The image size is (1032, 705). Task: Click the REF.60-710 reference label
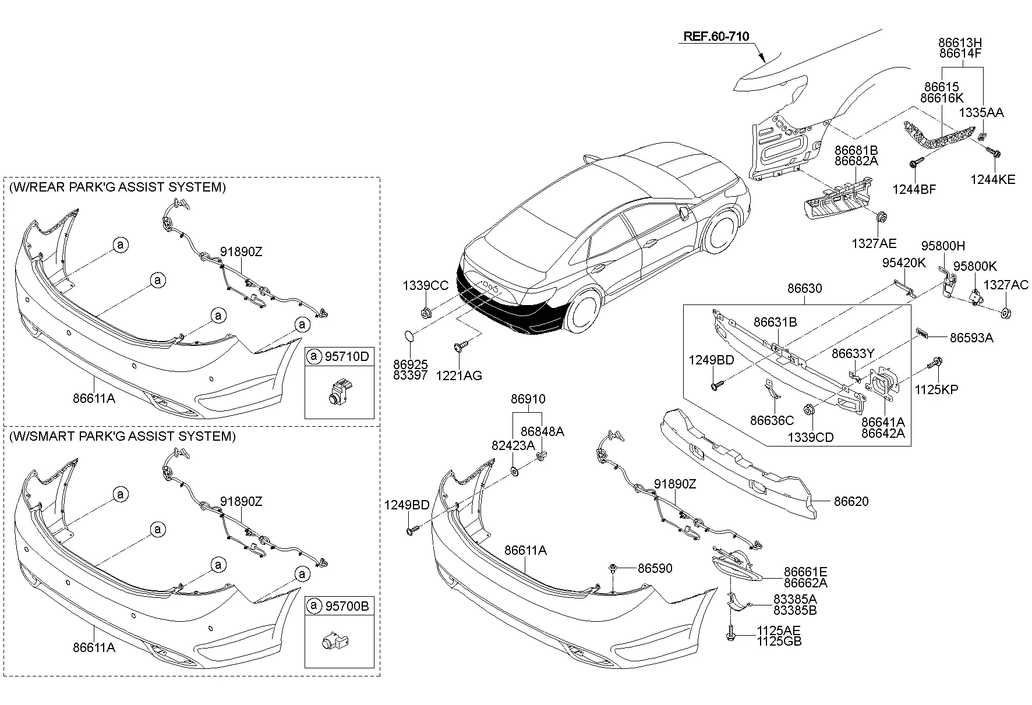coord(716,36)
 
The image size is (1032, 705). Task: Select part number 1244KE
coord(992,179)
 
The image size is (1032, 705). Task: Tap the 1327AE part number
coord(874,243)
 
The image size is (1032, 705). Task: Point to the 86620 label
coord(851,501)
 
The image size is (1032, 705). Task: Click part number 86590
coord(655,568)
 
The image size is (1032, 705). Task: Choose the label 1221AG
coord(459,375)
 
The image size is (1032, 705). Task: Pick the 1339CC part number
coord(426,285)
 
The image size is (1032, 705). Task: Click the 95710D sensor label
coord(347,356)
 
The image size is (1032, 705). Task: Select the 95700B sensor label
coord(347,606)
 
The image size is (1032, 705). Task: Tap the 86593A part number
coord(971,338)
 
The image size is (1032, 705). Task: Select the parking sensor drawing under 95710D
coord(339,391)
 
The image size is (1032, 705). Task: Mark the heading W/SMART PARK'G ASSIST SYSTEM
coord(122,436)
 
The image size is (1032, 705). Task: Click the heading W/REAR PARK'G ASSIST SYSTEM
coord(118,187)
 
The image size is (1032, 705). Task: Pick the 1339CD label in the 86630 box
coord(811,437)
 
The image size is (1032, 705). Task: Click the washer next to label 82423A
coord(515,470)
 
